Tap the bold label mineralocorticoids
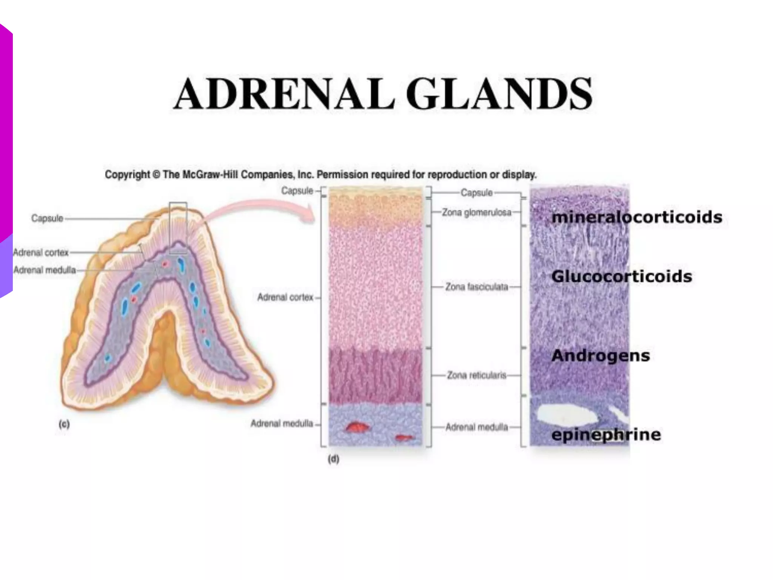click(x=637, y=217)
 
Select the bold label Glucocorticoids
click(x=622, y=276)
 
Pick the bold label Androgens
click(x=601, y=355)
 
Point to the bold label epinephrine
click(x=606, y=434)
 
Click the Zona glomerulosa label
click(x=476, y=213)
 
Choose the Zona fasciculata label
click(x=476, y=287)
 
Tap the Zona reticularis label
click(x=476, y=375)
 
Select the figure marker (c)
click(x=64, y=424)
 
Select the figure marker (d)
click(x=333, y=459)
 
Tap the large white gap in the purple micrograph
click(x=568, y=415)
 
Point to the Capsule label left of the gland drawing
click(x=47, y=218)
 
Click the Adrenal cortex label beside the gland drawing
click(x=41, y=252)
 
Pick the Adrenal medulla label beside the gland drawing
click(x=45, y=270)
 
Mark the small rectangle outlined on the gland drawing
click(x=178, y=228)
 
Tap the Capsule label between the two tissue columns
click(x=476, y=193)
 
